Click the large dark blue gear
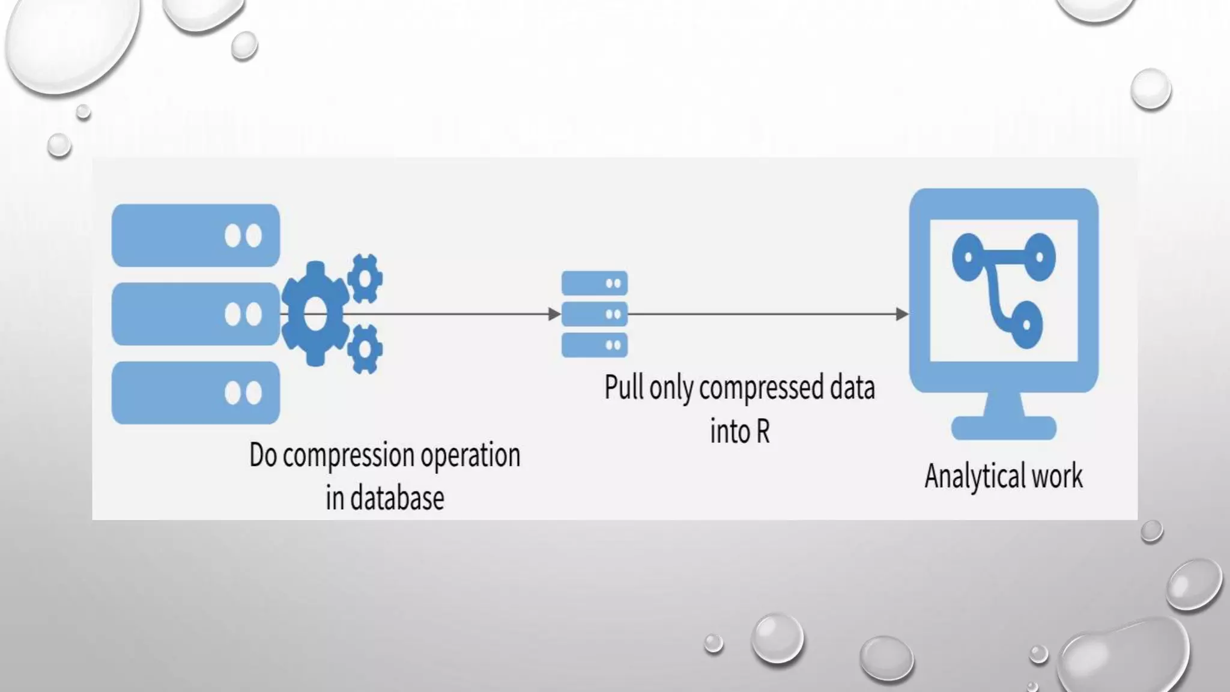(315, 314)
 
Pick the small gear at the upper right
(365, 278)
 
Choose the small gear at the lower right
(364, 349)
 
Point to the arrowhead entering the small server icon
(554, 314)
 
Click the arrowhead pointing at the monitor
(901, 314)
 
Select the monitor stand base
(1004, 428)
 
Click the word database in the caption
(397, 499)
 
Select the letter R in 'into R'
(762, 431)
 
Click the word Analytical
(975, 476)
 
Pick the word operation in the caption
(470, 456)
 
